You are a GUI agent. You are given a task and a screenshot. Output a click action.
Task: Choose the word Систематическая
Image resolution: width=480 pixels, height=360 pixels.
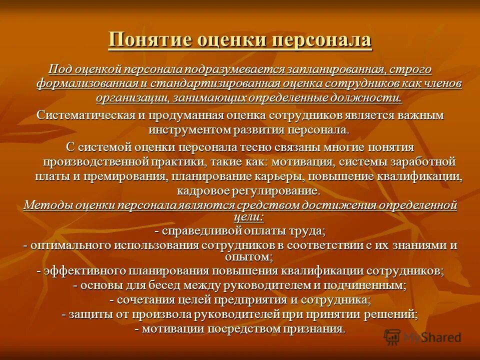coord(86,115)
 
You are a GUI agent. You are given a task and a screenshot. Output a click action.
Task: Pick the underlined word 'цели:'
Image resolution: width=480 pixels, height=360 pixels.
coord(248,216)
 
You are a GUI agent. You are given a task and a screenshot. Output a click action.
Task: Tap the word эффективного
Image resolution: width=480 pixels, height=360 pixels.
coord(82,270)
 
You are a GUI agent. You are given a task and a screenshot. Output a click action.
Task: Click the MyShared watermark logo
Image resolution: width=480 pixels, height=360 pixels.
coord(422,336)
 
